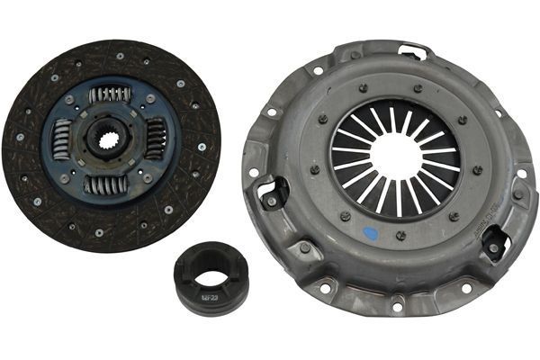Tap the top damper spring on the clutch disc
pos(109,94)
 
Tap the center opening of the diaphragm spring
pos(395,155)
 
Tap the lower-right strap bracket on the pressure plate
pos(494,244)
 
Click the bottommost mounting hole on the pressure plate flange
pos(397,308)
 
